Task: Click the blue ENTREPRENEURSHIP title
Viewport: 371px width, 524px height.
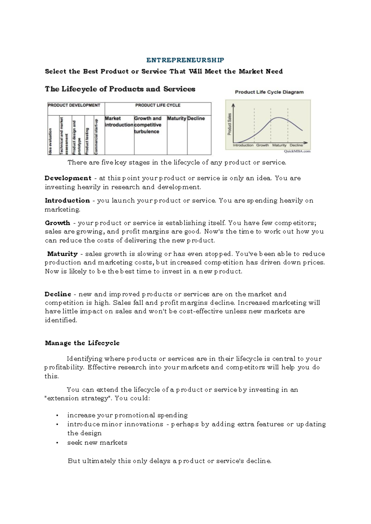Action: (x=185, y=60)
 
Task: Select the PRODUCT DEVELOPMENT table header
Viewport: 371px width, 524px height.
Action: (x=74, y=105)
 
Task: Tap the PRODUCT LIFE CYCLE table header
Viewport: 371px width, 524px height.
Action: (x=158, y=105)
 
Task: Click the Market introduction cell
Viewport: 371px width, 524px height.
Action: (x=119, y=122)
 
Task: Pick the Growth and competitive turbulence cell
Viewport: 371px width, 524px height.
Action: (x=148, y=125)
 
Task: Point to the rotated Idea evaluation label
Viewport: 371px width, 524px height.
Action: (x=50, y=142)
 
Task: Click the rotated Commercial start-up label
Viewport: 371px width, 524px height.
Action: (x=96, y=136)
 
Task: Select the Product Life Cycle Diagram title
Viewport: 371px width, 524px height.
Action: (x=269, y=92)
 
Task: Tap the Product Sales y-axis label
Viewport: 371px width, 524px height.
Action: (x=230, y=124)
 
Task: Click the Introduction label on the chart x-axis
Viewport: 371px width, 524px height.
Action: (x=243, y=145)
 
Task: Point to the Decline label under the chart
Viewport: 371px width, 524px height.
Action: (x=296, y=145)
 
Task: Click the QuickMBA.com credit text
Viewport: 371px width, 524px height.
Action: (x=297, y=151)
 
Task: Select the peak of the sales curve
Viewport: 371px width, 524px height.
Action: (x=279, y=118)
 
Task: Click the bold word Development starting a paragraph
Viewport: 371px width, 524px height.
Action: (x=68, y=178)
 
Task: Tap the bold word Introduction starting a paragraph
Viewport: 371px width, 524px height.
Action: (x=67, y=201)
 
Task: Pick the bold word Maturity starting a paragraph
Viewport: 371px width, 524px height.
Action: (x=62, y=254)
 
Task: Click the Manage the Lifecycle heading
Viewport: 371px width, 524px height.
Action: (x=82, y=343)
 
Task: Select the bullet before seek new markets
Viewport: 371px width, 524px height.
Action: (x=57, y=443)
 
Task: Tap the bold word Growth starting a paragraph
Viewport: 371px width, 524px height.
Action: (x=58, y=223)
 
